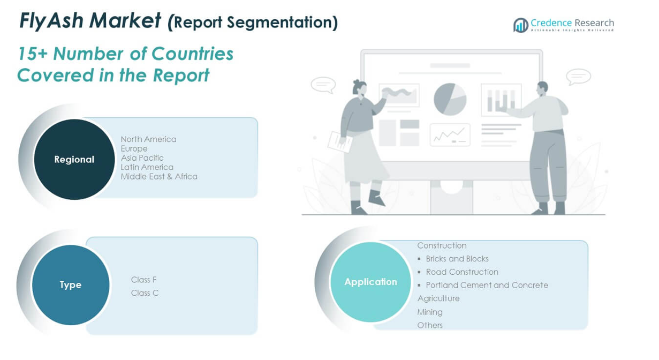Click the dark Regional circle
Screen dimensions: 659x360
(74, 159)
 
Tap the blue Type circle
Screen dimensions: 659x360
(71, 285)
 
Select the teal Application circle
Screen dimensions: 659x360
(370, 282)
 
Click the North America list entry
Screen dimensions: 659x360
(149, 139)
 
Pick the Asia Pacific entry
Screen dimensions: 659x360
(142, 158)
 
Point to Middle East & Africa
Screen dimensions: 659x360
(159, 177)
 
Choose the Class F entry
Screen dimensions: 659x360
(143, 280)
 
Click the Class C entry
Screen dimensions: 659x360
(145, 293)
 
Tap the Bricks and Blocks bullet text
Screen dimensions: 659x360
(457, 259)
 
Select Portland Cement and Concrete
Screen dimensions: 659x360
(487, 285)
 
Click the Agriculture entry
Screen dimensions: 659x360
(438, 298)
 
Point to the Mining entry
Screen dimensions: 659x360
(430, 312)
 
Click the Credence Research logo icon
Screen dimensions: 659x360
(521, 25)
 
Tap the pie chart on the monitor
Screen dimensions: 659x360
(450, 99)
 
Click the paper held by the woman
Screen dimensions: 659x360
(340, 142)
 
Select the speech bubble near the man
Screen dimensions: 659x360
(578, 77)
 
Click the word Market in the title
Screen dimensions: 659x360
(125, 20)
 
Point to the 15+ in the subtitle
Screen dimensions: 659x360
(33, 54)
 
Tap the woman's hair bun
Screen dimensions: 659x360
(357, 82)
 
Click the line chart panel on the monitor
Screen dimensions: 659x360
(450, 135)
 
